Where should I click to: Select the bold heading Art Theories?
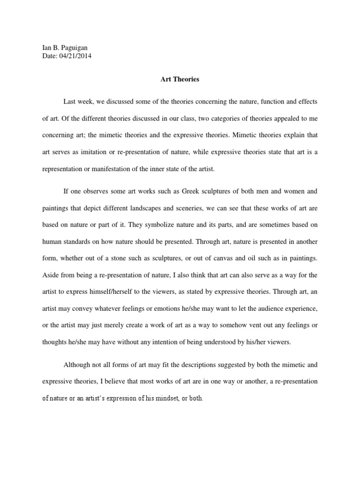(x=180, y=79)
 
